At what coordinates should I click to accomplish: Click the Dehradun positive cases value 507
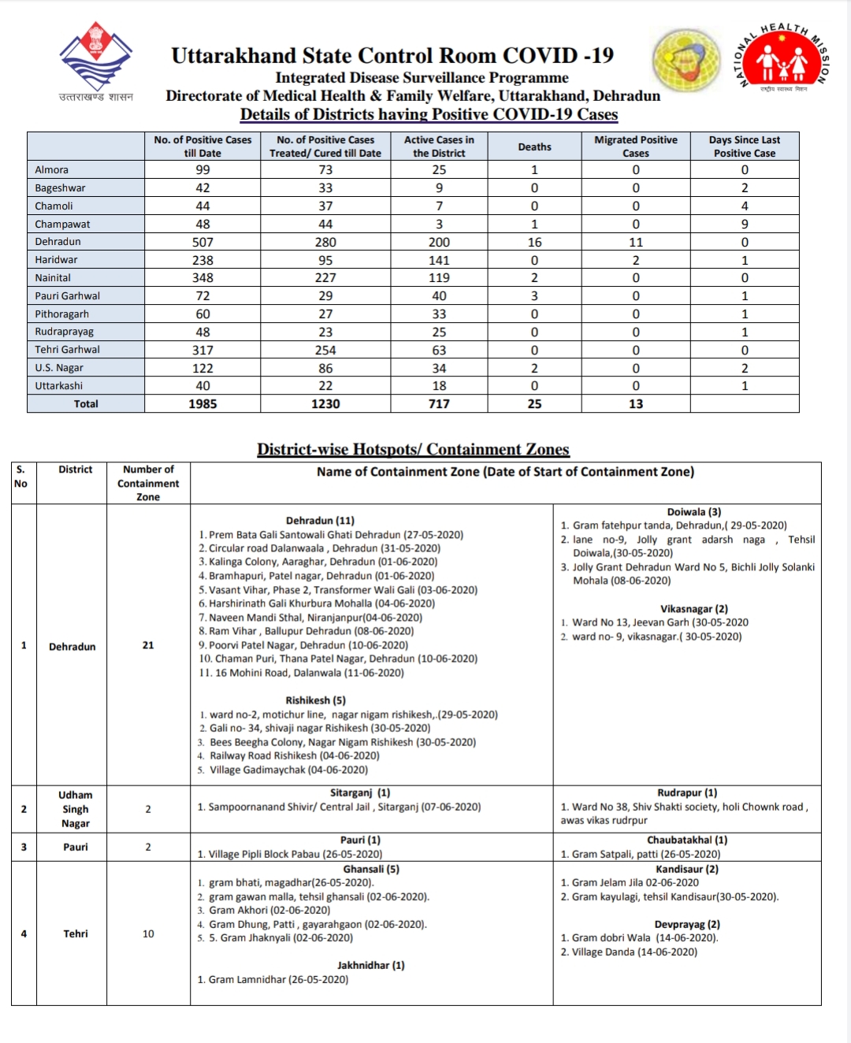203,243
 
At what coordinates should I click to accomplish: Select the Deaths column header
534,147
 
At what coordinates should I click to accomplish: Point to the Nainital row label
53,278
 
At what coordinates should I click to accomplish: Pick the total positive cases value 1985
203,404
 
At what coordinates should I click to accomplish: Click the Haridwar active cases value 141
439,261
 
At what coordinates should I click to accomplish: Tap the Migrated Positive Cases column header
636,147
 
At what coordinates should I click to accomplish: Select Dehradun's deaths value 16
534,243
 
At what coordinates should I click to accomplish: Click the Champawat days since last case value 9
745,225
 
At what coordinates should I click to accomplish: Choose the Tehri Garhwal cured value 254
325,351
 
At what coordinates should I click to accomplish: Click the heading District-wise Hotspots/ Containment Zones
413,450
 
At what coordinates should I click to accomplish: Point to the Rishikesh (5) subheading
315,700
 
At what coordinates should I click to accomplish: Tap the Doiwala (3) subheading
694,512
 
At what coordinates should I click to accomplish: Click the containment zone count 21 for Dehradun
148,645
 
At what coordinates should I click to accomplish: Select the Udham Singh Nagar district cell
76,809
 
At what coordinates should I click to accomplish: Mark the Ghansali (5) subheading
371,870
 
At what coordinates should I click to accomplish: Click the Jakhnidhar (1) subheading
371,966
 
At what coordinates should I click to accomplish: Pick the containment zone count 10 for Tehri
148,934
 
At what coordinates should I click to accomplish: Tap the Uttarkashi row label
58,386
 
